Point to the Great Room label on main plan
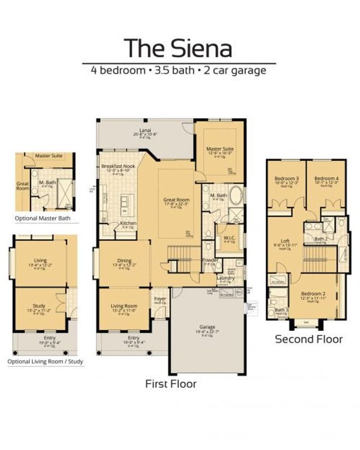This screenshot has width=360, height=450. (176, 199)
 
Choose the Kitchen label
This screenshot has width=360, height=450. (128, 223)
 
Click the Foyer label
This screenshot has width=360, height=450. (160, 298)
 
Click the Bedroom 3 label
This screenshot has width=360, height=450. (286, 178)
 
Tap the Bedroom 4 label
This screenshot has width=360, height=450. (326, 178)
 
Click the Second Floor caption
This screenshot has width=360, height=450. (308, 339)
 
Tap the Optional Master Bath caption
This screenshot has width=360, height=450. (43, 218)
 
